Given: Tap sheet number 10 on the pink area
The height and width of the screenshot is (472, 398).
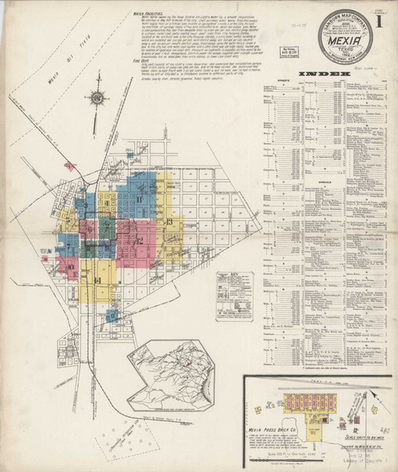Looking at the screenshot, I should point(71,268).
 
